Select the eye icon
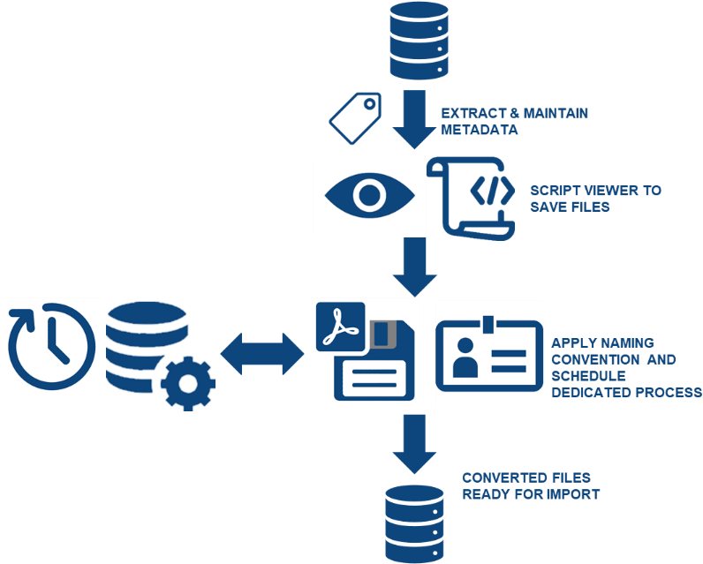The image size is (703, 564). [367, 196]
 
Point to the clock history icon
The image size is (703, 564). [51, 347]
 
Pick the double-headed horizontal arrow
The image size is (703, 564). [263, 352]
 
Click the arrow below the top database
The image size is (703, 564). [415, 117]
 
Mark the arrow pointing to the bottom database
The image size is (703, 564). [415, 446]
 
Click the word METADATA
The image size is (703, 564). [480, 130]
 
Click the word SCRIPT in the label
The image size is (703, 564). [555, 191]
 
